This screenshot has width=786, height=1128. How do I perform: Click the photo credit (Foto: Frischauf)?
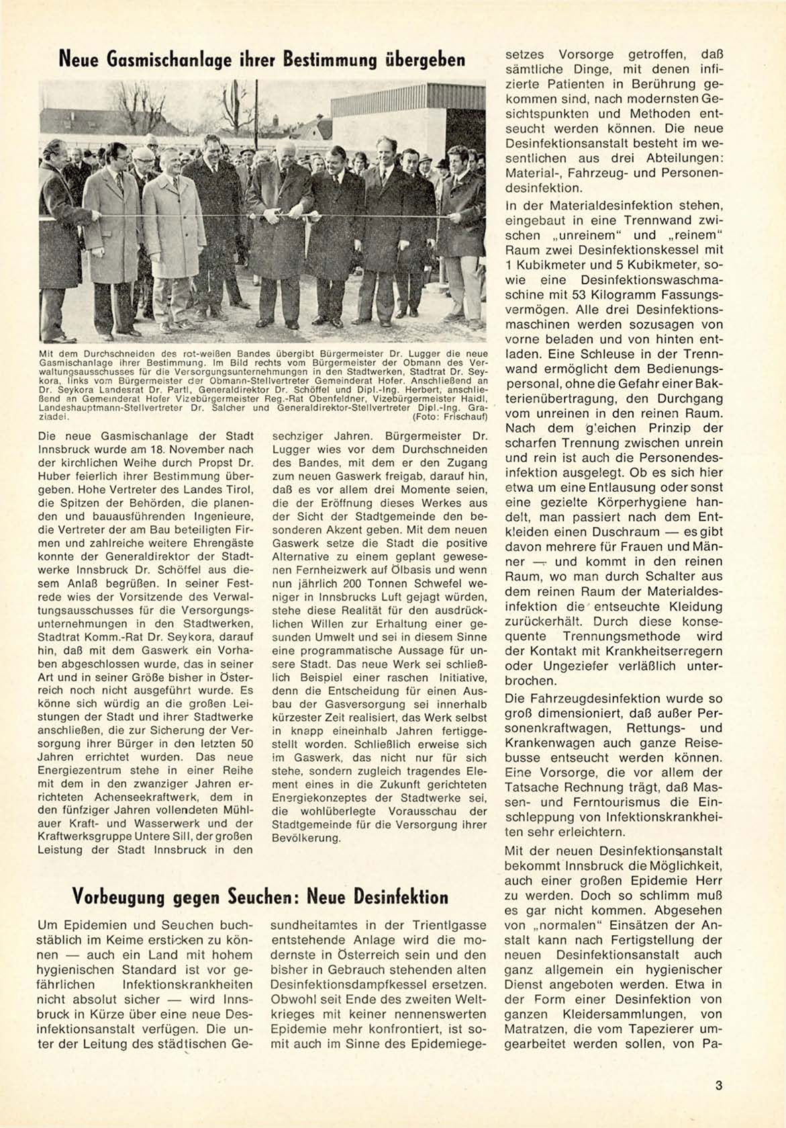point(450,417)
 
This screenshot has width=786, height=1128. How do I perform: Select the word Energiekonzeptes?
point(317,798)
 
